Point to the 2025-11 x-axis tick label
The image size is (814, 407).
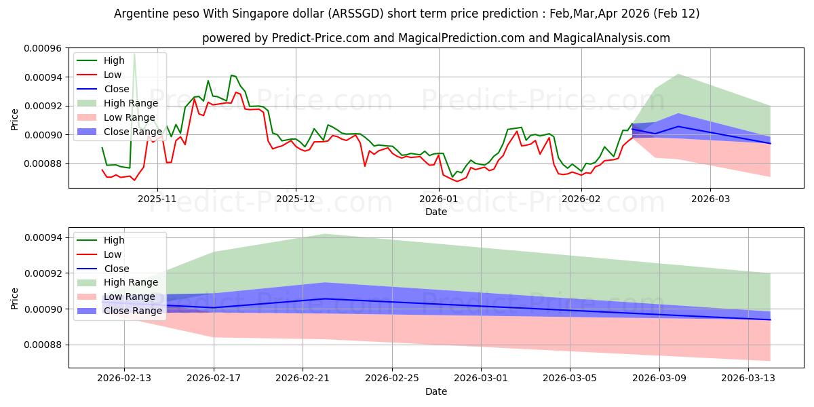tap(157, 199)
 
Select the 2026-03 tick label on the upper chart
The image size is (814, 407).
tap(710, 199)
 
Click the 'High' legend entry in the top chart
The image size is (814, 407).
tap(115, 60)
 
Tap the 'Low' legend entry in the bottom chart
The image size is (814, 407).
tap(113, 254)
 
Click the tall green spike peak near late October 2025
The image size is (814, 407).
tap(134, 53)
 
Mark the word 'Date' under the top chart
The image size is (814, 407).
tap(436, 212)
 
